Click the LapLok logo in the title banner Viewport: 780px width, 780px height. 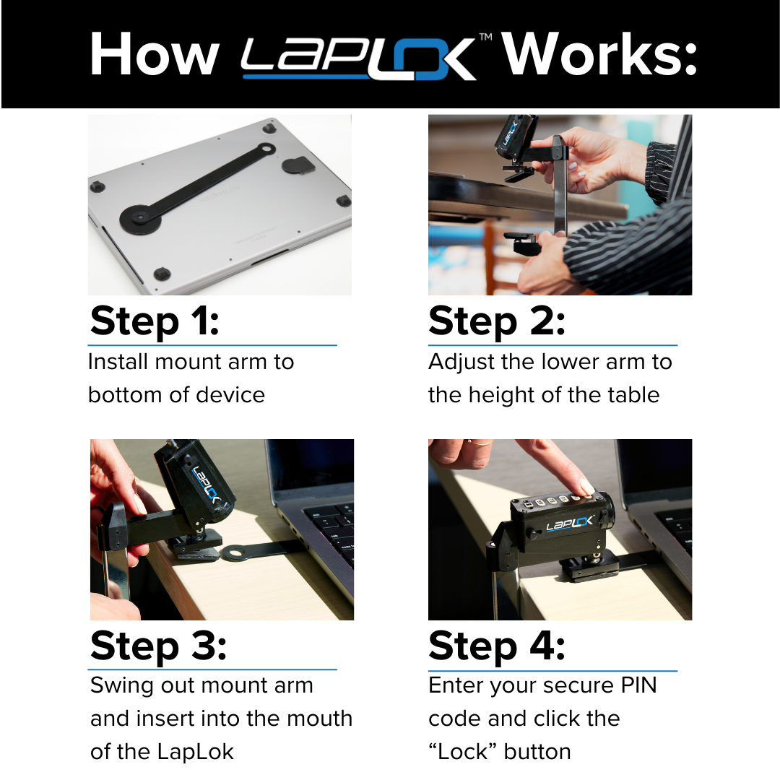pos(359,57)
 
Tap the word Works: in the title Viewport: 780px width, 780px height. pos(599,55)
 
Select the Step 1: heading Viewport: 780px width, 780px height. pos(154,321)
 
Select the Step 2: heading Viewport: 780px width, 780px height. pos(496,321)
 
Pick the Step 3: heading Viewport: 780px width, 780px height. pos(158,646)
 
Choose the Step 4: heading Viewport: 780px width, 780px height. pos(496,646)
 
